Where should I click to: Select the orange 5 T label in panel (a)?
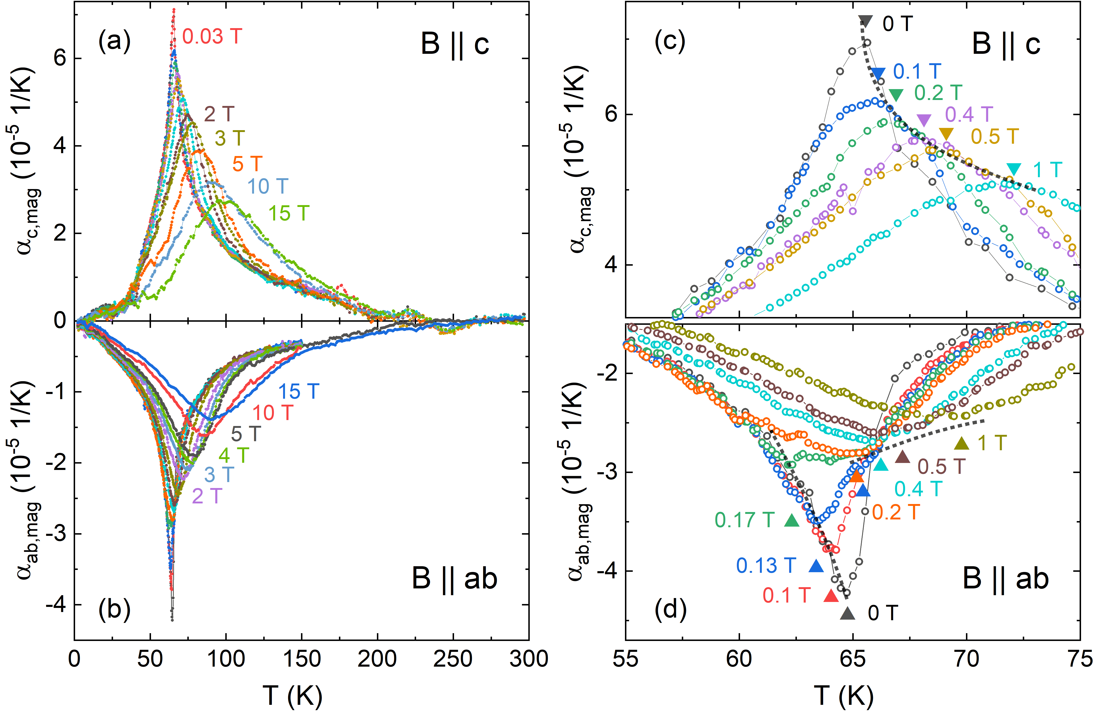coord(247,164)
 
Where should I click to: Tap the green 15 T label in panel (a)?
coord(289,213)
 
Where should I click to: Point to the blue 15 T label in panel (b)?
coord(299,392)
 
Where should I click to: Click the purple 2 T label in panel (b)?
coord(207,496)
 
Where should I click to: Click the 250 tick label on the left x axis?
coord(453,659)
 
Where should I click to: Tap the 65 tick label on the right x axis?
coord(852,659)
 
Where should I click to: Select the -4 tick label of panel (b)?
coord(55,605)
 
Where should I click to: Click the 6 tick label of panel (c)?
coord(611,114)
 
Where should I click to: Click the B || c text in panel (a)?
coord(455,45)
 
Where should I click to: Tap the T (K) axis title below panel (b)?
coord(293,695)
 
